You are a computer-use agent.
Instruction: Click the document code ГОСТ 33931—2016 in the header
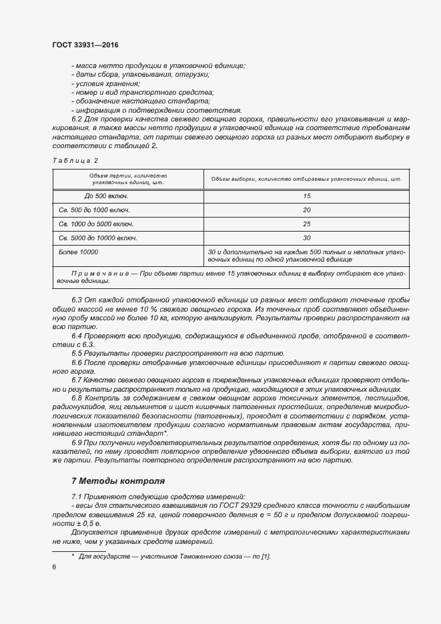point(85,45)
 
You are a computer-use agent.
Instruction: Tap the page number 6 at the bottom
point(54,567)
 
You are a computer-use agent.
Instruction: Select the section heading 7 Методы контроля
point(117,481)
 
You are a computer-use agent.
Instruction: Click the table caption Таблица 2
point(75,160)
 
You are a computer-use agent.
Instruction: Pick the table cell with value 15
point(307,196)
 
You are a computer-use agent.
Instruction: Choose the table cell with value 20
point(307,210)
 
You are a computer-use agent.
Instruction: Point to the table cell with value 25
point(307,224)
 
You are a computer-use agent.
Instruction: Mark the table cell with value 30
point(307,238)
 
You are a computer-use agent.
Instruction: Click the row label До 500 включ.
point(107,196)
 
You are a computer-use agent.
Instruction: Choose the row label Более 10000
point(79,252)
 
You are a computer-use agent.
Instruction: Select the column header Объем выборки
point(306,179)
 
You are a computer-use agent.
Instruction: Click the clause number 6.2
point(76,118)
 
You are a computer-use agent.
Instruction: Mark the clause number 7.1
point(76,497)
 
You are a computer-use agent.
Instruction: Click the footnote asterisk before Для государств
point(73,555)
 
